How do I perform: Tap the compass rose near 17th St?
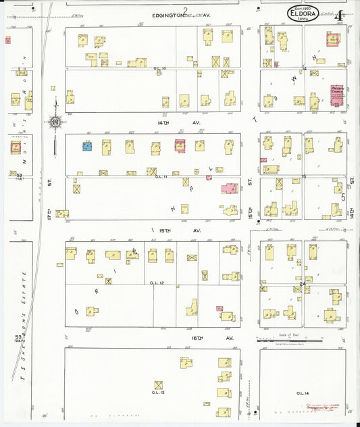[x=54, y=122]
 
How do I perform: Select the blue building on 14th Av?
[x=87, y=146]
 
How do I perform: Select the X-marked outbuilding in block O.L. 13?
[x=159, y=385]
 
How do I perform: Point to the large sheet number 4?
[x=338, y=14]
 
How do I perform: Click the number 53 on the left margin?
[x=18, y=336]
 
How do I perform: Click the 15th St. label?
[x=250, y=211]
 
